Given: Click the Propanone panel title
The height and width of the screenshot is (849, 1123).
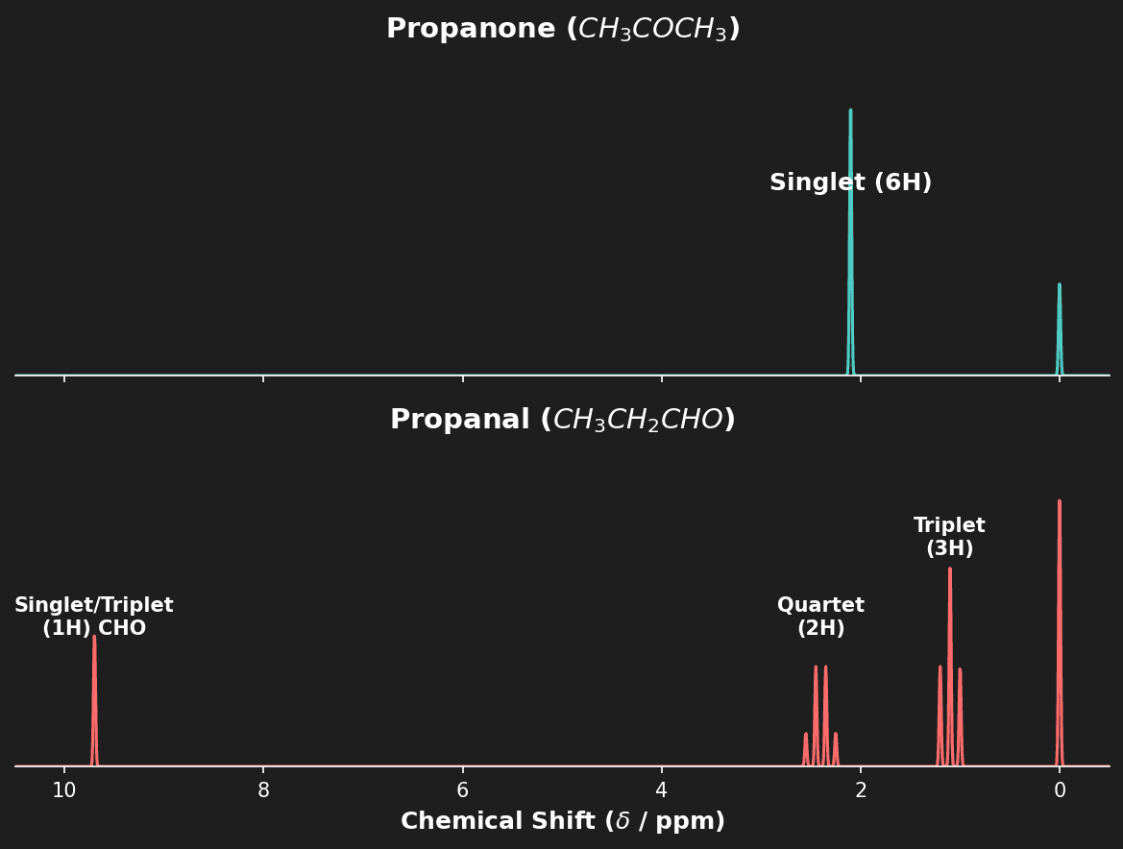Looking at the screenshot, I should (562, 30).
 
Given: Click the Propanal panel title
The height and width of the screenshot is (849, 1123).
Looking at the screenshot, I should (562, 421).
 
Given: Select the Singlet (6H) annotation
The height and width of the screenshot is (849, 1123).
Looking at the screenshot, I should (850, 183).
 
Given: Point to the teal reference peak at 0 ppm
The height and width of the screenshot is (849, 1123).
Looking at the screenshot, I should (1060, 327).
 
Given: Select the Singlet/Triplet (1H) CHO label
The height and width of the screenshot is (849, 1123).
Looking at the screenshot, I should (94, 618).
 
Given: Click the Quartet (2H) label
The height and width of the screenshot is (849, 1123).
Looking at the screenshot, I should (820, 618).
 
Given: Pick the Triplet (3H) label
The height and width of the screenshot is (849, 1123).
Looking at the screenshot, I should (949, 538).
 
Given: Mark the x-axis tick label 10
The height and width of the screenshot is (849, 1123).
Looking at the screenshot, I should (64, 790).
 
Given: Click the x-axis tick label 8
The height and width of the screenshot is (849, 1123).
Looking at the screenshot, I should (263, 790).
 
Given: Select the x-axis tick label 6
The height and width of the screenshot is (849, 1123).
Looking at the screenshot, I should (462, 790).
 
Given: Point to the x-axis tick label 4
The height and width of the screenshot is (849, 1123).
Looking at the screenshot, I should (661, 790).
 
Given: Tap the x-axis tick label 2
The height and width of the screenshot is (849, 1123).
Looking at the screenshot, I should (861, 790).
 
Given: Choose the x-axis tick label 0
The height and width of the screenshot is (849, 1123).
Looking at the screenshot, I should (1060, 790).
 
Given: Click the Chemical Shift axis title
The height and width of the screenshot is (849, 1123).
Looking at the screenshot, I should (562, 822).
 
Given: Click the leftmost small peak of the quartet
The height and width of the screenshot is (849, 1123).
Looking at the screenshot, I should (806, 749).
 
